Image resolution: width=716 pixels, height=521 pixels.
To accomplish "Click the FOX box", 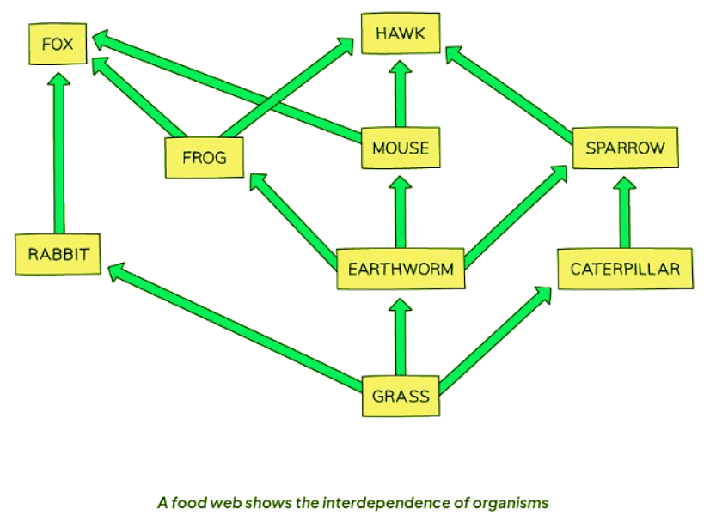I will coord(57,44).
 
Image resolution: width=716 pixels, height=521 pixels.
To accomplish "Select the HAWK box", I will coord(400,35).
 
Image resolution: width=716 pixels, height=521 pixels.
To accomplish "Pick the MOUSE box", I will coord(400,148).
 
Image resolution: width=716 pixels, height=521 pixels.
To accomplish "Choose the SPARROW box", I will coord(624,148).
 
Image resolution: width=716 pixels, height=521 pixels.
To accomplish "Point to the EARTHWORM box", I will coord(401,269).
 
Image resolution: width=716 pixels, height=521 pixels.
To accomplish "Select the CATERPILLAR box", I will coord(624,269).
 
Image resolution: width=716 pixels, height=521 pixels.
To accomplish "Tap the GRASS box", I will coord(400,397).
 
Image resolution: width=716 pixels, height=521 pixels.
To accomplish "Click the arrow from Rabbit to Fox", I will coord(58,154).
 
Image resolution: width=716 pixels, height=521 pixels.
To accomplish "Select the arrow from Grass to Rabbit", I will coord(232,326).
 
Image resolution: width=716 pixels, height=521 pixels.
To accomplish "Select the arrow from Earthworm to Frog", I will coord(292,215).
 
